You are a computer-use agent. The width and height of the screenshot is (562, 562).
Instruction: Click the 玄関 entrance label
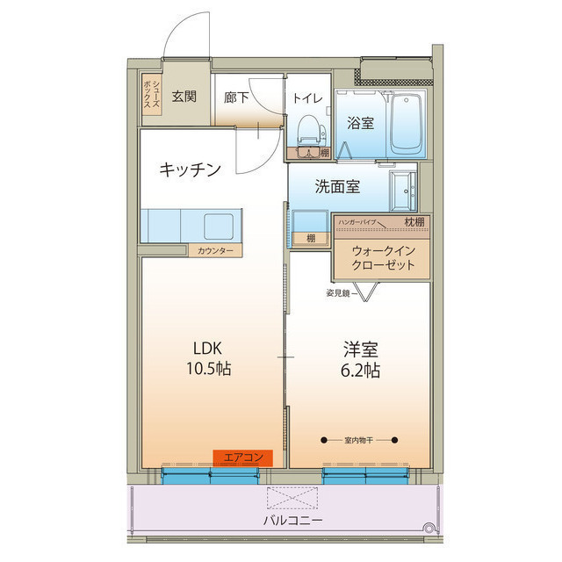coord(184,97)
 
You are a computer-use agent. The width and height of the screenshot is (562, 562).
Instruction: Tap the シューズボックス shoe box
coord(152,94)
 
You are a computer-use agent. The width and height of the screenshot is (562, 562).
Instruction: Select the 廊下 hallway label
coord(236,97)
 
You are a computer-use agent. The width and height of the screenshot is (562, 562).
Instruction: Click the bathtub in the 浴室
coord(406,124)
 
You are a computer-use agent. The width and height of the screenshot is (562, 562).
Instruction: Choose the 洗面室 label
coord(337,187)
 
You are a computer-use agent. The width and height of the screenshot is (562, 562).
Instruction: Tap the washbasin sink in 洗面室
coord(403,191)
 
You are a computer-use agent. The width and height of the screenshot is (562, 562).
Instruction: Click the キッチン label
coord(190,169)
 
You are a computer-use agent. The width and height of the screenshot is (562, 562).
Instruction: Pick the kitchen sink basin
coord(219,227)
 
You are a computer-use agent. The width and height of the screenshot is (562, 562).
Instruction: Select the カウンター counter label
coord(215,250)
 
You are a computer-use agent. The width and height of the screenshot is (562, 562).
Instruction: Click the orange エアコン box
coord(243,458)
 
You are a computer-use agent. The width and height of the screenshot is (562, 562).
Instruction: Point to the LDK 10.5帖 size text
coord(208,358)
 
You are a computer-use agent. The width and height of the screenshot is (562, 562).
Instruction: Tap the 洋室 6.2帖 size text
coord(360,360)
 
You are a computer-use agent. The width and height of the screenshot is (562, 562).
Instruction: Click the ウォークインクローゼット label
coord(383,257)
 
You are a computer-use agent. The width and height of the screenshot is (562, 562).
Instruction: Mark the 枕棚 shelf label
coord(414,222)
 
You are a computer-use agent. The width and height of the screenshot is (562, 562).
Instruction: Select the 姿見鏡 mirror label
coord(338,293)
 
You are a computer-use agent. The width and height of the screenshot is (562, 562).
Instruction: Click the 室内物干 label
coord(358,440)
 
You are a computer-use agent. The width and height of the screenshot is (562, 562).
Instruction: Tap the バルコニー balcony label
coord(292,520)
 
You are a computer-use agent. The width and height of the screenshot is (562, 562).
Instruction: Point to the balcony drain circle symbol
coord(429,527)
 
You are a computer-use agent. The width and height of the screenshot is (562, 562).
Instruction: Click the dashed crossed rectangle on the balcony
coord(292,498)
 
